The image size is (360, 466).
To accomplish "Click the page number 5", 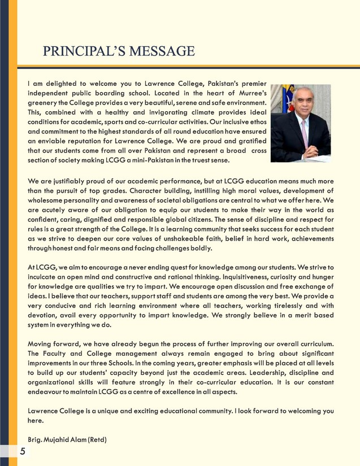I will pyautogui.click(x=22, y=451).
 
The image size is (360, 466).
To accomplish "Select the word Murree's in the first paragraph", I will pyautogui.click(x=250, y=93).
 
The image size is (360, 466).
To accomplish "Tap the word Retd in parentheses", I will pyautogui.click(x=98, y=439).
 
